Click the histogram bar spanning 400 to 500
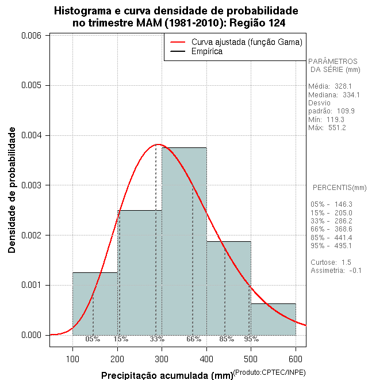(229, 288)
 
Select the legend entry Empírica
(207, 52)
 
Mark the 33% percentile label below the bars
(157, 339)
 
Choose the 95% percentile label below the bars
(251, 339)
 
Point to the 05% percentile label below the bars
(93, 339)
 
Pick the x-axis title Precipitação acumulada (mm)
(166, 376)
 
